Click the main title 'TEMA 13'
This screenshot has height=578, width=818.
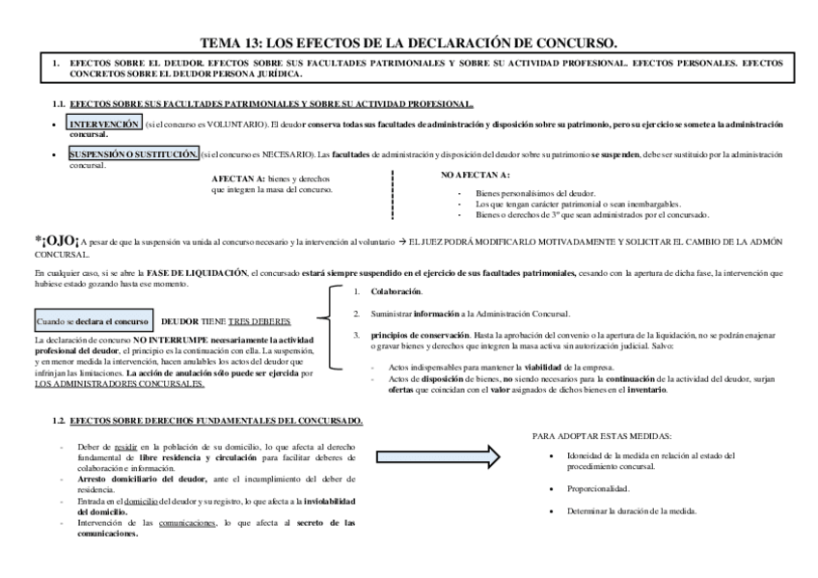click(408, 42)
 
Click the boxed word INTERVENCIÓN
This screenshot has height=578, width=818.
click(104, 125)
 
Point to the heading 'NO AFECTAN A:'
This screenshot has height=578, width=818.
click(476, 175)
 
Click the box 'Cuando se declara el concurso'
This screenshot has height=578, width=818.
click(92, 320)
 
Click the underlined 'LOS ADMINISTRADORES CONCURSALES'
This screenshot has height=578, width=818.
click(119, 384)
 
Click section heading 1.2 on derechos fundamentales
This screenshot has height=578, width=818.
click(207, 422)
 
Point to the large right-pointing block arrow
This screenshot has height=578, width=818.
click(439, 456)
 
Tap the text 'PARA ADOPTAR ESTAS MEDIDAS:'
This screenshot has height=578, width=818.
click(602, 436)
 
